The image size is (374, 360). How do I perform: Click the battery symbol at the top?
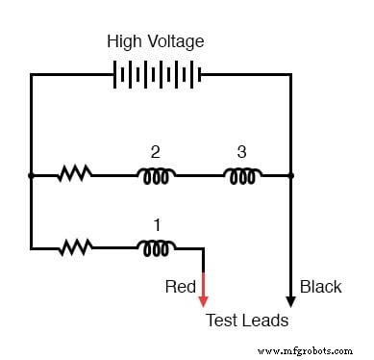point(157,75)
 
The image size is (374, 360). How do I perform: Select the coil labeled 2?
point(155,175)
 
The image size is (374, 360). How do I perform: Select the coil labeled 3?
point(242,175)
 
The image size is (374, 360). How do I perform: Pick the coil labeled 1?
point(155,248)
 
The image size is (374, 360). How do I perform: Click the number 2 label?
point(155,151)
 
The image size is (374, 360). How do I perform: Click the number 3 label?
point(242,151)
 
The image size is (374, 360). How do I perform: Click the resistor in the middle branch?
point(74,175)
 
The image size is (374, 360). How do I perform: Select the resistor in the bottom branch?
point(74,248)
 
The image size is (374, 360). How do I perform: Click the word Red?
point(181,287)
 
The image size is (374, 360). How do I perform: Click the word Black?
point(320,287)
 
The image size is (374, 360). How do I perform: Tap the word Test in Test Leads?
point(221,321)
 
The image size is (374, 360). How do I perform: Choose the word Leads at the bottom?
point(264,321)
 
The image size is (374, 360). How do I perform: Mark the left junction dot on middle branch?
point(31,175)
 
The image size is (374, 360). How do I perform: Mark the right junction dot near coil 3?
point(290,175)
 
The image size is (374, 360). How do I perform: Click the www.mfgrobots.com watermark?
point(316,348)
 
